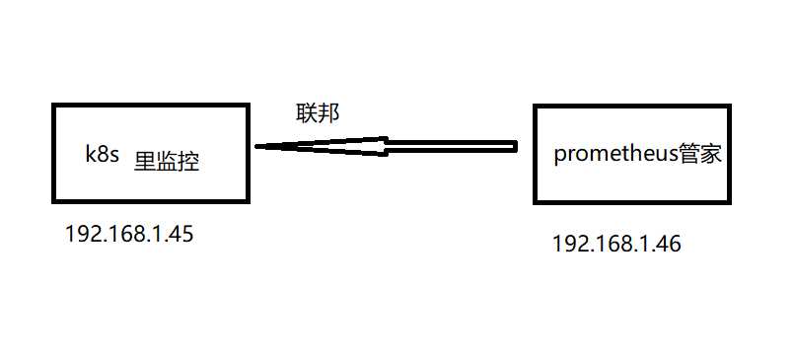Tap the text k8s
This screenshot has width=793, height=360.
coord(102,156)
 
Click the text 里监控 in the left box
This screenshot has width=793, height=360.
coord(167,161)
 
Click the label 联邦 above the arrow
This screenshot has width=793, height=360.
coord(318,112)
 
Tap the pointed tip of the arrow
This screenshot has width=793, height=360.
coord(258,147)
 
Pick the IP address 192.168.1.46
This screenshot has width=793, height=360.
coord(616,244)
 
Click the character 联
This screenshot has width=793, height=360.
coord(307,112)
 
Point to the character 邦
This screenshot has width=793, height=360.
coord(328,112)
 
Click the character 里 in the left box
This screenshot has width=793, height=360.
coord(145,161)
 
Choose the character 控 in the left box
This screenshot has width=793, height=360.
coord(188,161)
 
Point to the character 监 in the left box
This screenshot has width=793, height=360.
coord(167,161)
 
